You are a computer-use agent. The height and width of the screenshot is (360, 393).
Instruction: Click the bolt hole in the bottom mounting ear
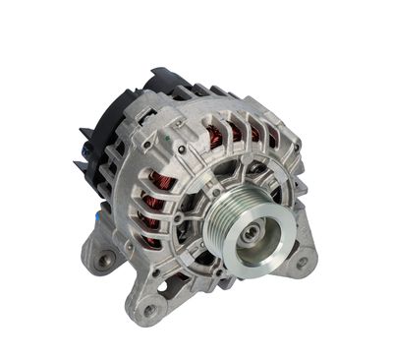click(150, 310)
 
